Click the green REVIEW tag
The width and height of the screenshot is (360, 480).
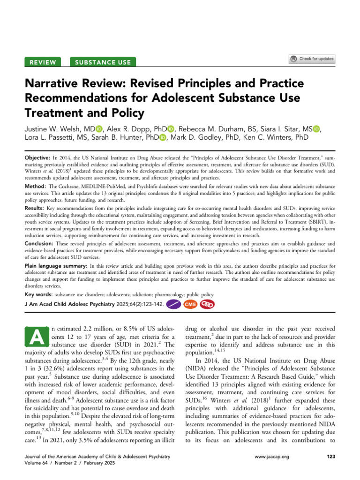click(43, 62)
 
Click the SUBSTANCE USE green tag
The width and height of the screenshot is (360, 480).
click(103, 62)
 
